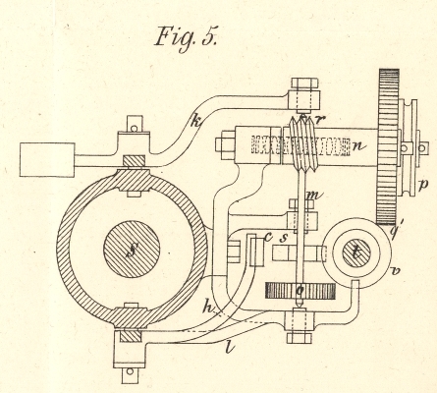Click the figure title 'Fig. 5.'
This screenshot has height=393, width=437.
tap(186, 38)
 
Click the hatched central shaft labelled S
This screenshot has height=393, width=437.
tap(132, 249)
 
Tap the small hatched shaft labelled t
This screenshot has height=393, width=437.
tap(356, 253)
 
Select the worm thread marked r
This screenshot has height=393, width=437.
tap(304, 144)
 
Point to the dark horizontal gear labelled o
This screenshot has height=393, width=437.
tap(300, 291)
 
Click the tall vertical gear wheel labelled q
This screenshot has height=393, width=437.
tap(389, 146)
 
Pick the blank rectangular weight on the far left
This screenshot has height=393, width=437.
tap(47, 160)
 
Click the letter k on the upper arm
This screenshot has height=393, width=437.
tap(195, 122)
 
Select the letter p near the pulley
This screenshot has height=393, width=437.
tap(423, 186)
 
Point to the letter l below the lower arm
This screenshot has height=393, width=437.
tap(231, 347)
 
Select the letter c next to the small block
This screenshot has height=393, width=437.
tap(269, 237)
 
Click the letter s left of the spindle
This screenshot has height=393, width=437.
tap(284, 238)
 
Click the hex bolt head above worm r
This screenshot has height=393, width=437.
tap(304, 84)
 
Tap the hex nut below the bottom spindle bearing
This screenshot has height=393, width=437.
tap(300, 337)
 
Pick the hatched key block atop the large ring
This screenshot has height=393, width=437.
tap(134, 161)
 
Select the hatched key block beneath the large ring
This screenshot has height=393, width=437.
tap(131, 336)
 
